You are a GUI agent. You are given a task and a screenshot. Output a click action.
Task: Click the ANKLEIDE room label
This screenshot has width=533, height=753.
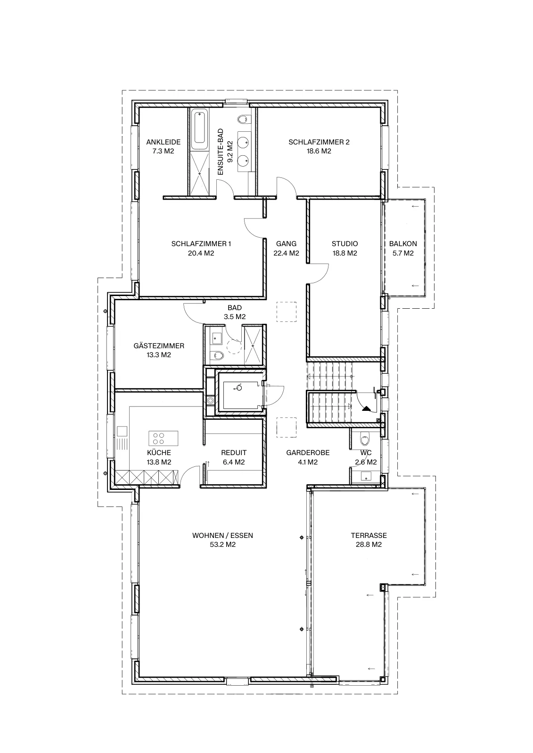(x=164, y=142)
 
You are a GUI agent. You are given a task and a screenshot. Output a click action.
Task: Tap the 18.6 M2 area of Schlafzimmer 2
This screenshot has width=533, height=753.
(x=319, y=151)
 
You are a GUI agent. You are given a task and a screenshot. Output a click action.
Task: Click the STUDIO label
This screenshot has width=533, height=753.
(x=344, y=244)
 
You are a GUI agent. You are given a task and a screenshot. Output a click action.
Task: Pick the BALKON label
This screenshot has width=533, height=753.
(x=403, y=244)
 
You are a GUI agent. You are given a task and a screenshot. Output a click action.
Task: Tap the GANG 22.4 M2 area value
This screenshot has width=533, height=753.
(x=286, y=254)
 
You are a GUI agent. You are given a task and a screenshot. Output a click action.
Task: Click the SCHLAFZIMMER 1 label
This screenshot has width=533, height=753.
(x=201, y=244)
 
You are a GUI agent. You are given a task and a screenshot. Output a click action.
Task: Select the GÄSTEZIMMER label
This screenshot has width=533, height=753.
(x=159, y=345)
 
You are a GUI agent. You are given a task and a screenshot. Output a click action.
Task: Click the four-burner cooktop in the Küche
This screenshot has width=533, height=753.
(x=159, y=438)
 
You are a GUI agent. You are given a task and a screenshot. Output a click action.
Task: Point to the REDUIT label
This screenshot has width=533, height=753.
(x=234, y=453)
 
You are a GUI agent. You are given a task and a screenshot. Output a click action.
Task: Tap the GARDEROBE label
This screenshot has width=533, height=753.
(x=308, y=453)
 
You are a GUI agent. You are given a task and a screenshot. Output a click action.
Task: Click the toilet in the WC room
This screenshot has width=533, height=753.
(x=365, y=438)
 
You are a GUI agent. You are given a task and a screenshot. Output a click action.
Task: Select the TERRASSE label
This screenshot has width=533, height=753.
(x=369, y=536)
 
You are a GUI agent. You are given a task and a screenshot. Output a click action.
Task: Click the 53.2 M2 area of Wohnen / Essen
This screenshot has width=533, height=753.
(x=222, y=545)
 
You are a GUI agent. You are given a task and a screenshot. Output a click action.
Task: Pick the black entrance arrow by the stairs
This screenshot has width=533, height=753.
(x=366, y=409)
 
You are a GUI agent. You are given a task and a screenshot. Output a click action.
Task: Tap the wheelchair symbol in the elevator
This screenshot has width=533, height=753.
(x=238, y=388)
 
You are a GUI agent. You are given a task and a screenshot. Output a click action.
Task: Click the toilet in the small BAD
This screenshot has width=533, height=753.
(x=217, y=355)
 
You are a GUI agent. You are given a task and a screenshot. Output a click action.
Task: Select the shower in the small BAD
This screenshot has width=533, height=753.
(x=252, y=345)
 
